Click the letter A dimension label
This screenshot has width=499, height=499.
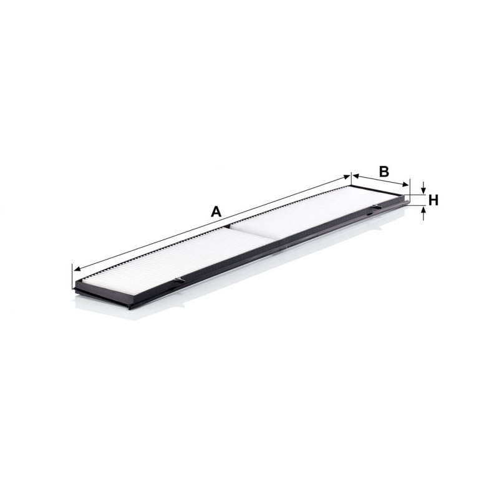pyautogui.click(x=216, y=211)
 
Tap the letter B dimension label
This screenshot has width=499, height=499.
pyautogui.click(x=384, y=172)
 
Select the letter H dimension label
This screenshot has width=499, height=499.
pyautogui.click(x=434, y=200)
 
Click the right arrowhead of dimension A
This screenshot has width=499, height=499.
pyautogui.click(x=346, y=177)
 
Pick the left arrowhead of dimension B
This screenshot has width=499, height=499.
pyautogui.click(x=356, y=175)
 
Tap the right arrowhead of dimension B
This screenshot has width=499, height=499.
pyautogui.click(x=405, y=185)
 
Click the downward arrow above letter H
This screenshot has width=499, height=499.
pyautogui.click(x=424, y=188)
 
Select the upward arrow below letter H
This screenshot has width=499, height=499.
pyautogui.click(x=424, y=213)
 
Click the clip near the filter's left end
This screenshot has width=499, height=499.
pyautogui.click(x=180, y=280)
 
